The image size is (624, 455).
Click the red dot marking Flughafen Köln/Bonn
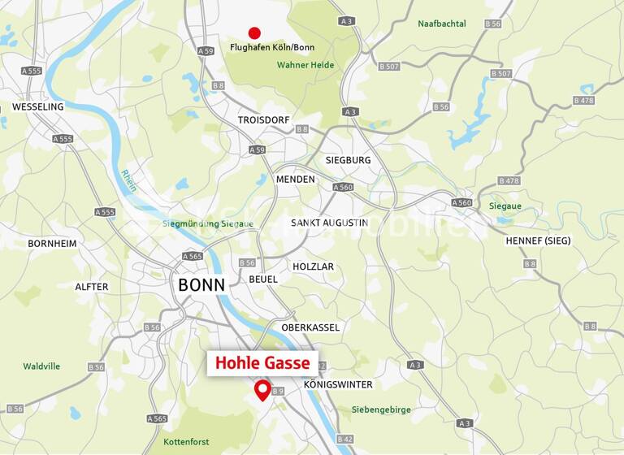[x=254, y=33]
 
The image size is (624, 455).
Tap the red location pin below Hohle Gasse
[x=262, y=389]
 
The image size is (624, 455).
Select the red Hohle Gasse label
[x=262, y=363]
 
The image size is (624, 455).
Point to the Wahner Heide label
[x=305, y=65]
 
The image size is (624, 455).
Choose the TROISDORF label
[x=263, y=119]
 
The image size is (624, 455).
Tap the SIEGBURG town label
[x=348, y=160]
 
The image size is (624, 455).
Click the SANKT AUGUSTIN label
[x=329, y=222]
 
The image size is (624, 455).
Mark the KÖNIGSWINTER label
[x=338, y=384]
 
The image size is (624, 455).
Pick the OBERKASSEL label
[x=310, y=327]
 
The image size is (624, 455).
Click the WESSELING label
[x=37, y=106]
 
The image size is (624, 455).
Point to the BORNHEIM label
[x=52, y=243]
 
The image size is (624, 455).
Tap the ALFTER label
[x=91, y=287]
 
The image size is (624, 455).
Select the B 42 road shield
[x=344, y=439]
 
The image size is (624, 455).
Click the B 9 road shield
[x=278, y=392]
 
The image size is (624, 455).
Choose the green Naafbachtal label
[x=442, y=24]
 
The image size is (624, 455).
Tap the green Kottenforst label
[x=186, y=442]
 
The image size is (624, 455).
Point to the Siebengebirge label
[x=381, y=409]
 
